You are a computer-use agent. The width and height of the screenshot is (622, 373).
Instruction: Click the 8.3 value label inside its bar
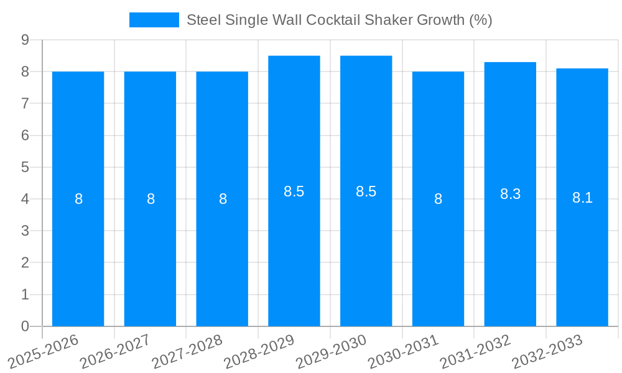510,194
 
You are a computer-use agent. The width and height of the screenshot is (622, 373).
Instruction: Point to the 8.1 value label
582,198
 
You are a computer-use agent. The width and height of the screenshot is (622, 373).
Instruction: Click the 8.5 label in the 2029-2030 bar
366,191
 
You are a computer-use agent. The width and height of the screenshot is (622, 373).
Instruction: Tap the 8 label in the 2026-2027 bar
151,199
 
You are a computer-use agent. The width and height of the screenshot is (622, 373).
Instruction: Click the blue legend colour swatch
154,20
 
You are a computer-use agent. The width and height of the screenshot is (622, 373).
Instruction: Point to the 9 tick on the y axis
25,40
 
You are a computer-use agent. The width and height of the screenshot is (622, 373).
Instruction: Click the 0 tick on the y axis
25,326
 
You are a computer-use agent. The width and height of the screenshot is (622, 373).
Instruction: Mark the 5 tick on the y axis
25,167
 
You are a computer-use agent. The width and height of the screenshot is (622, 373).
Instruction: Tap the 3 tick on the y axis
25,231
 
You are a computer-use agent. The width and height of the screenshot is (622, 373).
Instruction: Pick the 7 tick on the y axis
25,103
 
